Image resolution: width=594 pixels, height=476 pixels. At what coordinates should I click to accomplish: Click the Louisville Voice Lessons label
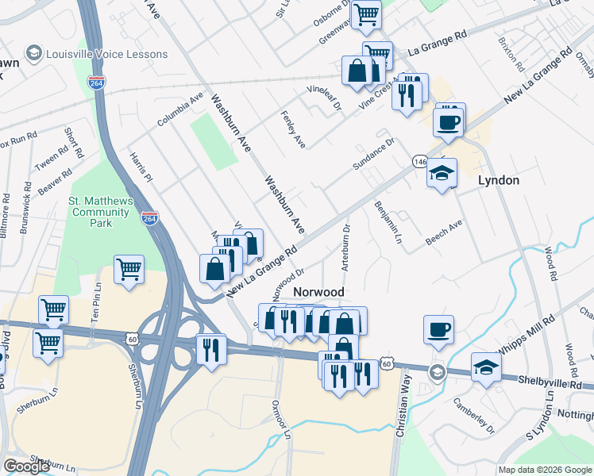point(107,54)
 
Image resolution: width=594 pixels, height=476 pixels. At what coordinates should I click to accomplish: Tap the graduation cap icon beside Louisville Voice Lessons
point(34,54)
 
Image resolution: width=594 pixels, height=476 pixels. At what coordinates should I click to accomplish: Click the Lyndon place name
point(499,180)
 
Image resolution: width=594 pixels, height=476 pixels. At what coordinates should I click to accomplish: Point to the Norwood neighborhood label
point(318,292)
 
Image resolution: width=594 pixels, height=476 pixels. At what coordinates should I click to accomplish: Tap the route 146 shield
point(420,162)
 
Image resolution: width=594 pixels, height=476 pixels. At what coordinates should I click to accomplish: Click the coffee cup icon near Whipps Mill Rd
point(438,328)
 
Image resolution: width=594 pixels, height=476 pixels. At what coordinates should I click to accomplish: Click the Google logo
point(26,466)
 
